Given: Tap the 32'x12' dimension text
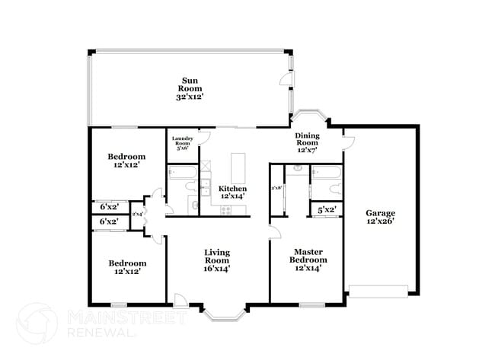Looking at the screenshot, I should pyautogui.click(x=190, y=97).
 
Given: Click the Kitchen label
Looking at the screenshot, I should pyautogui.click(x=233, y=188).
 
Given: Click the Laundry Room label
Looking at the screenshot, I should pyautogui.click(x=183, y=143).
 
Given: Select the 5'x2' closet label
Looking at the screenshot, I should pyautogui.click(x=327, y=209).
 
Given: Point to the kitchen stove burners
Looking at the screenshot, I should pyautogui.click(x=226, y=209).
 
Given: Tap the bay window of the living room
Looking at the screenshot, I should pyautogui.click(x=223, y=312).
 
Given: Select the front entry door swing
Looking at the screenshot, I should pyautogui.click(x=180, y=299).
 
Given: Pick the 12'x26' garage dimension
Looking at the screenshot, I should pyautogui.click(x=380, y=222).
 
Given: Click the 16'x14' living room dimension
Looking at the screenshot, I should pyautogui.click(x=217, y=268).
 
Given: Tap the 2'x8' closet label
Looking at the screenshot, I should pyautogui.click(x=276, y=187).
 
